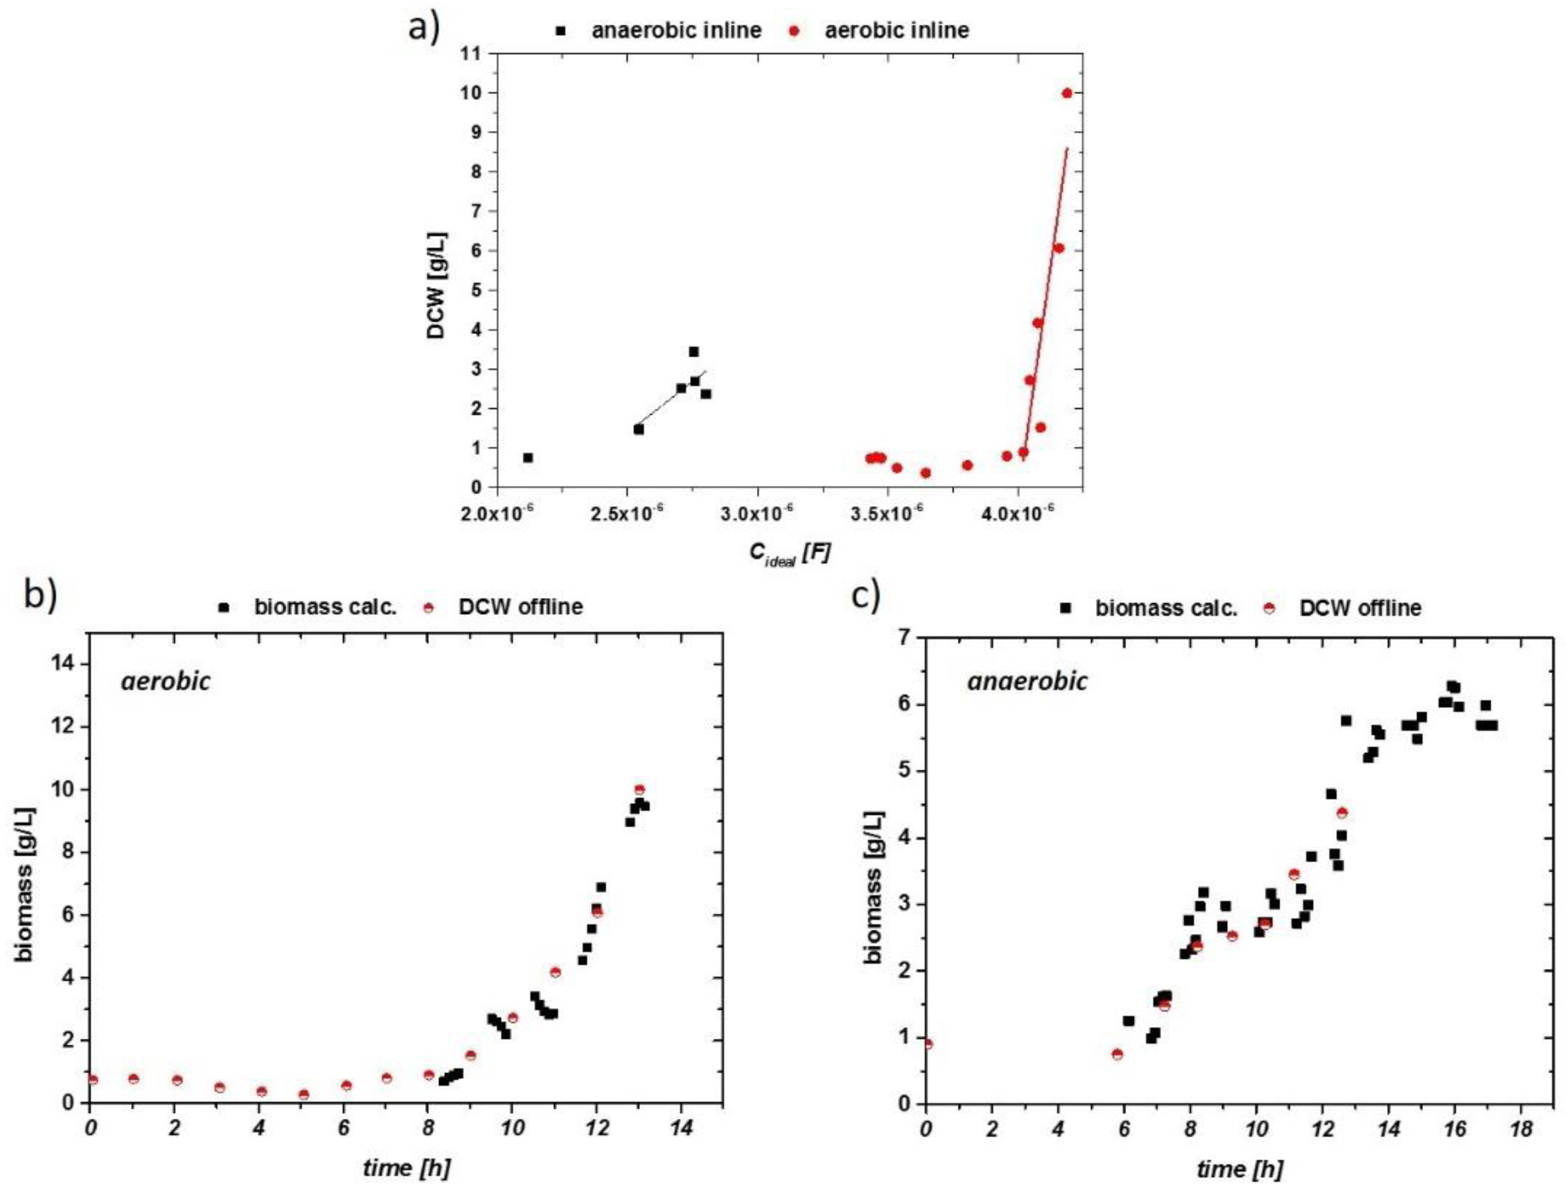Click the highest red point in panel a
tap(1066, 93)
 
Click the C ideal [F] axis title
tap(789, 554)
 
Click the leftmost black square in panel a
tap(528, 458)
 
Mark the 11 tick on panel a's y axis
tap(483, 54)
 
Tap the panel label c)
tap(866, 596)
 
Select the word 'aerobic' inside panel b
tap(166, 681)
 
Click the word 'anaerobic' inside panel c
tap(1027, 681)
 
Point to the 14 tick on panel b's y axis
tap(69, 664)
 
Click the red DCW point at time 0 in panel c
tap(927, 1043)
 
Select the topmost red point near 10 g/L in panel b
tap(639, 790)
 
